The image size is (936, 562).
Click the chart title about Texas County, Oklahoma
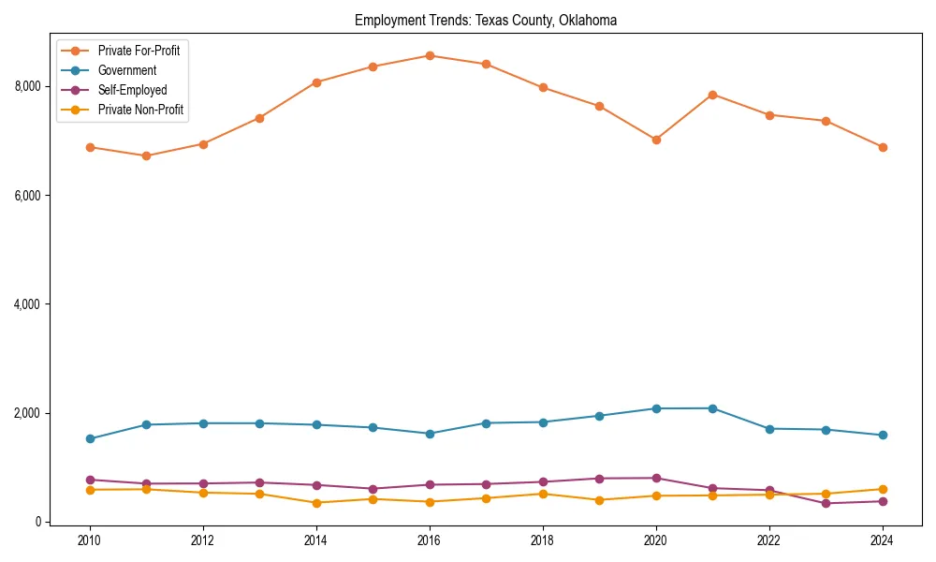(x=485, y=21)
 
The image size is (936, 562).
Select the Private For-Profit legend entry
(x=139, y=51)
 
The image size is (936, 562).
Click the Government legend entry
(x=126, y=70)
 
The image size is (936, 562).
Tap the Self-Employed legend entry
(x=132, y=90)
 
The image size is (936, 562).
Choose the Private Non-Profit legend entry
(x=140, y=110)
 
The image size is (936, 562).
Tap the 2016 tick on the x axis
(x=430, y=540)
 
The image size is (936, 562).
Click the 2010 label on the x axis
(x=90, y=540)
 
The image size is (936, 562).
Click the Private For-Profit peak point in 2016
(x=430, y=55)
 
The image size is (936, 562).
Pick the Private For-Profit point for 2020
(x=656, y=140)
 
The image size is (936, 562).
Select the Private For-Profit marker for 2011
(x=146, y=155)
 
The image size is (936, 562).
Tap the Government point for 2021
(x=712, y=408)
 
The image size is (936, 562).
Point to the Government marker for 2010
(x=90, y=438)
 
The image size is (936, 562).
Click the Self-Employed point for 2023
(x=826, y=503)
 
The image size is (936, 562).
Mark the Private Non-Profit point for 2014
(x=316, y=503)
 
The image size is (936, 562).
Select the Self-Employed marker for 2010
(x=90, y=480)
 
